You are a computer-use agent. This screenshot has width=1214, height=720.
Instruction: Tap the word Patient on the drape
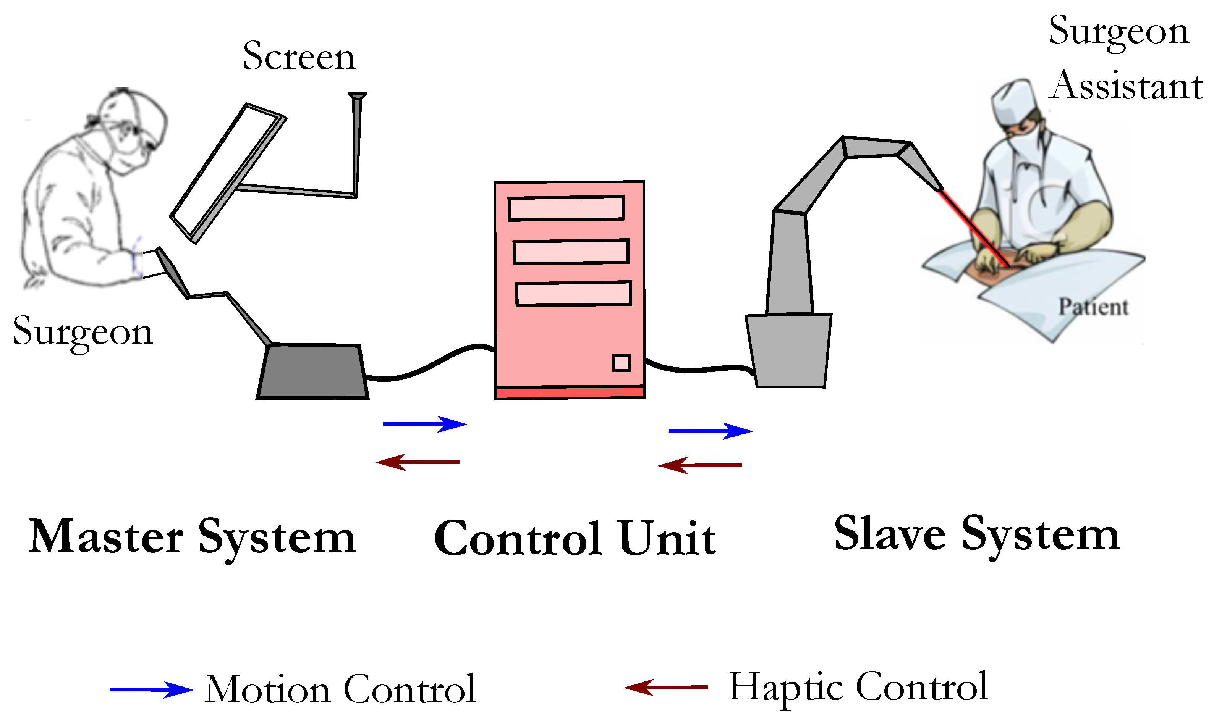click(x=1093, y=307)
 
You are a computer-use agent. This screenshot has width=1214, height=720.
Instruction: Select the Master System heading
click(x=192, y=538)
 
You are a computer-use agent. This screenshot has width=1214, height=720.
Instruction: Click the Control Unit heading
click(x=574, y=539)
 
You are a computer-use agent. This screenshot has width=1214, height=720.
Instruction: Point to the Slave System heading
click(x=976, y=534)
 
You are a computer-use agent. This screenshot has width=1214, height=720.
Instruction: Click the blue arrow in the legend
click(x=151, y=689)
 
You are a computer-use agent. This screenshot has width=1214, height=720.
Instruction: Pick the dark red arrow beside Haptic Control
click(x=665, y=687)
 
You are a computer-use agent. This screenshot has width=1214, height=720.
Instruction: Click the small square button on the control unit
click(x=621, y=363)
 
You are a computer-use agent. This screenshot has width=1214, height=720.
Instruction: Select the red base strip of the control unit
click(x=570, y=392)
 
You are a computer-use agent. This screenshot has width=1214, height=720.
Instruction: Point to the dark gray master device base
click(x=312, y=372)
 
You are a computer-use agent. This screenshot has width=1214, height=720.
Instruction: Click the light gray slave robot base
click(x=789, y=351)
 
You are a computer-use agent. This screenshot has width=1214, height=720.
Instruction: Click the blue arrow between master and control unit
click(x=424, y=424)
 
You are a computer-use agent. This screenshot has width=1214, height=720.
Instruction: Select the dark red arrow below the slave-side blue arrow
click(x=699, y=465)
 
